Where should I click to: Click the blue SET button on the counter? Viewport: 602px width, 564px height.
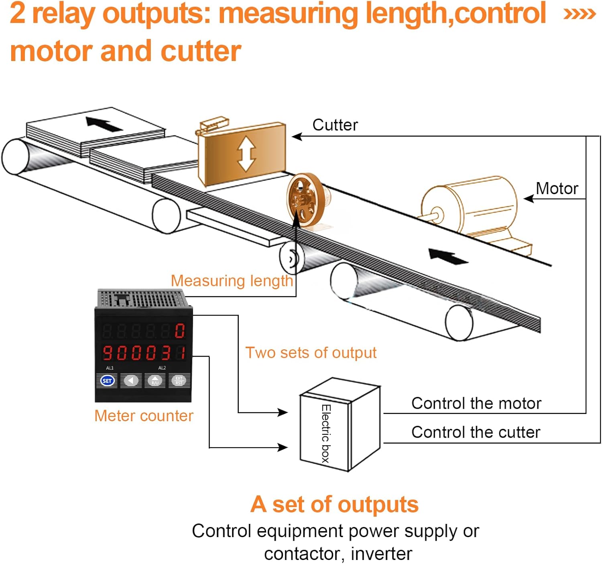click(107, 380)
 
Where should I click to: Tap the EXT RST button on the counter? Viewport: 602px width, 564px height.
click(179, 380)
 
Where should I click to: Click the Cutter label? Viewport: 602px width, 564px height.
click(335, 125)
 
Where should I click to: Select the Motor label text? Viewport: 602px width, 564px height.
click(557, 189)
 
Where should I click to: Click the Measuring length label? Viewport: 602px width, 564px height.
click(232, 281)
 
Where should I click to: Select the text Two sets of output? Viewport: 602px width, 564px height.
click(311, 353)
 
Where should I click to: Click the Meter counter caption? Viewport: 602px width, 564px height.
click(144, 416)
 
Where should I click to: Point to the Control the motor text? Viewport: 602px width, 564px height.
click(476, 404)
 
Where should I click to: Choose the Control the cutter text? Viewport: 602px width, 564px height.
click(476, 432)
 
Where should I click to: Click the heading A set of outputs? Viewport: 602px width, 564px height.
click(335, 504)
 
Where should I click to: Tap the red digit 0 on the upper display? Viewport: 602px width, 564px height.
click(179, 331)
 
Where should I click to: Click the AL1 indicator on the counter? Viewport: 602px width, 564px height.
click(110, 368)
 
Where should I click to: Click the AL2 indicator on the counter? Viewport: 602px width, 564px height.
click(162, 368)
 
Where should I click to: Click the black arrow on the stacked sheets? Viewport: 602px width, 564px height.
click(104, 124)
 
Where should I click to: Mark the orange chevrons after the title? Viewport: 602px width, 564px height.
click(579, 14)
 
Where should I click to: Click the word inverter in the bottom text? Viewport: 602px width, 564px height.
click(381, 554)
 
